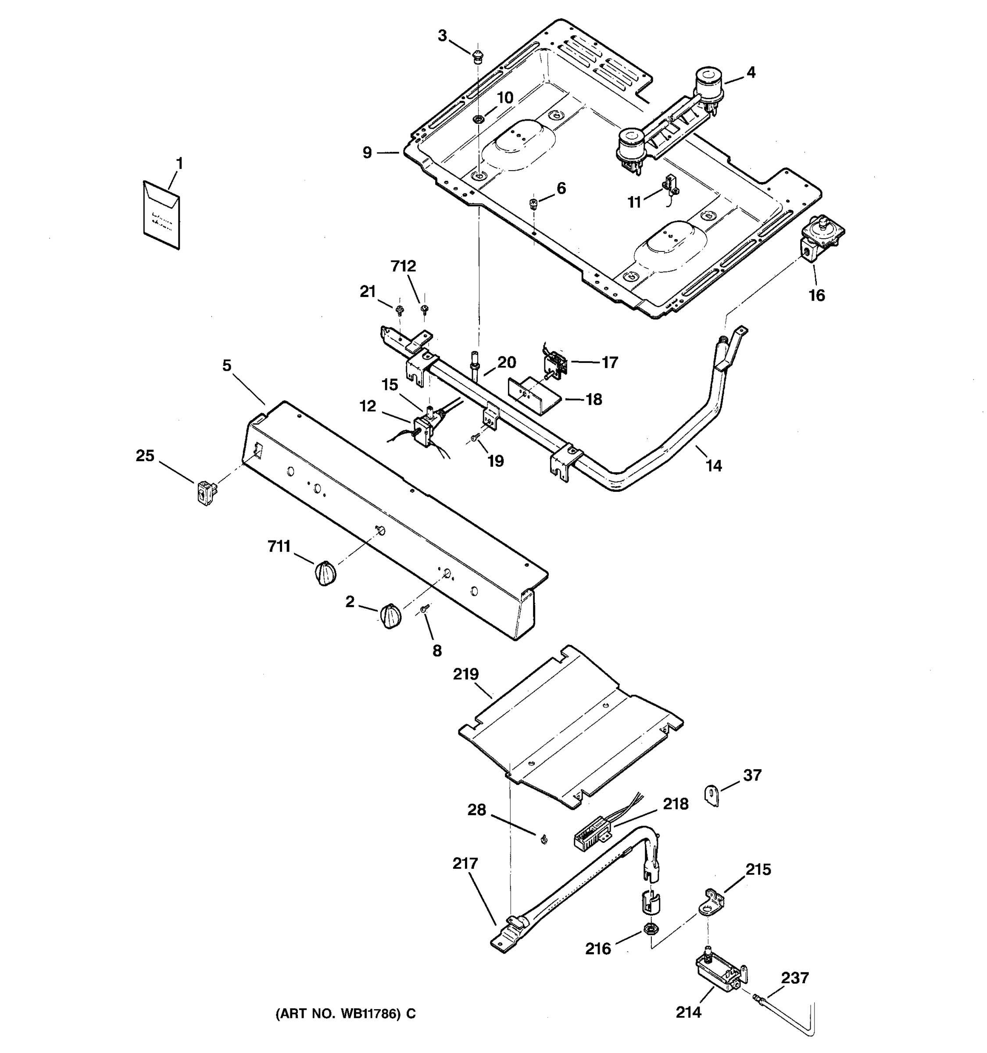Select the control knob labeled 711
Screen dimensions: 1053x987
click(x=325, y=573)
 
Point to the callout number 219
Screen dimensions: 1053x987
click(x=465, y=674)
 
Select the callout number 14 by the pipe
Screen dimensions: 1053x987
click(x=713, y=466)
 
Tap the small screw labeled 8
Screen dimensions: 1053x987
click(x=424, y=610)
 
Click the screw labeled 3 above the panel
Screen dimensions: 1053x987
click(x=478, y=55)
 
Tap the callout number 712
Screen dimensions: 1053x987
click(x=404, y=266)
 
